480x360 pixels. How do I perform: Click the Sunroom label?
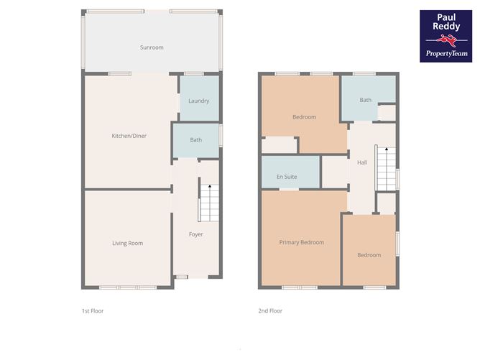tap(152, 47)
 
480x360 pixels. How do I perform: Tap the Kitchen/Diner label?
tap(129, 136)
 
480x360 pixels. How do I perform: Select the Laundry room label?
tap(198, 101)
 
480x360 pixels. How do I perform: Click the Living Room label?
tap(127, 243)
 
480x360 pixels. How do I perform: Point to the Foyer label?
tap(196, 234)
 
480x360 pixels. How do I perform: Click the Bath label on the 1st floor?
tap(196, 140)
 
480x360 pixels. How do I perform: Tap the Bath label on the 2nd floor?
tap(366, 100)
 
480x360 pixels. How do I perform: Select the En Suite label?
tap(287, 177)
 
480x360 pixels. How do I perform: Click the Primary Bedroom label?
tap(302, 242)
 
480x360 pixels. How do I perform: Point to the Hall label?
tap(362, 162)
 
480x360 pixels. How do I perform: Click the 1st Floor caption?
tap(93, 310)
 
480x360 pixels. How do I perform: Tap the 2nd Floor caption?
tap(270, 310)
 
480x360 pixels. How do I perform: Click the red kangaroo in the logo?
tap(446, 40)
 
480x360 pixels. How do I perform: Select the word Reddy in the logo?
tap(446, 27)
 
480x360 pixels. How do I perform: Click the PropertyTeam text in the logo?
tap(447, 54)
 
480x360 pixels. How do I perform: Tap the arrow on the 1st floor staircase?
tap(210, 186)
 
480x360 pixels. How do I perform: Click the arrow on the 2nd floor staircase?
tap(387, 149)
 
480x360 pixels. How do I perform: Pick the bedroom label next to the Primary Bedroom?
tap(369, 255)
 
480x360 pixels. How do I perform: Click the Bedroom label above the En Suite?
tap(304, 117)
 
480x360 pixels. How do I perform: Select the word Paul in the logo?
tap(446, 17)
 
